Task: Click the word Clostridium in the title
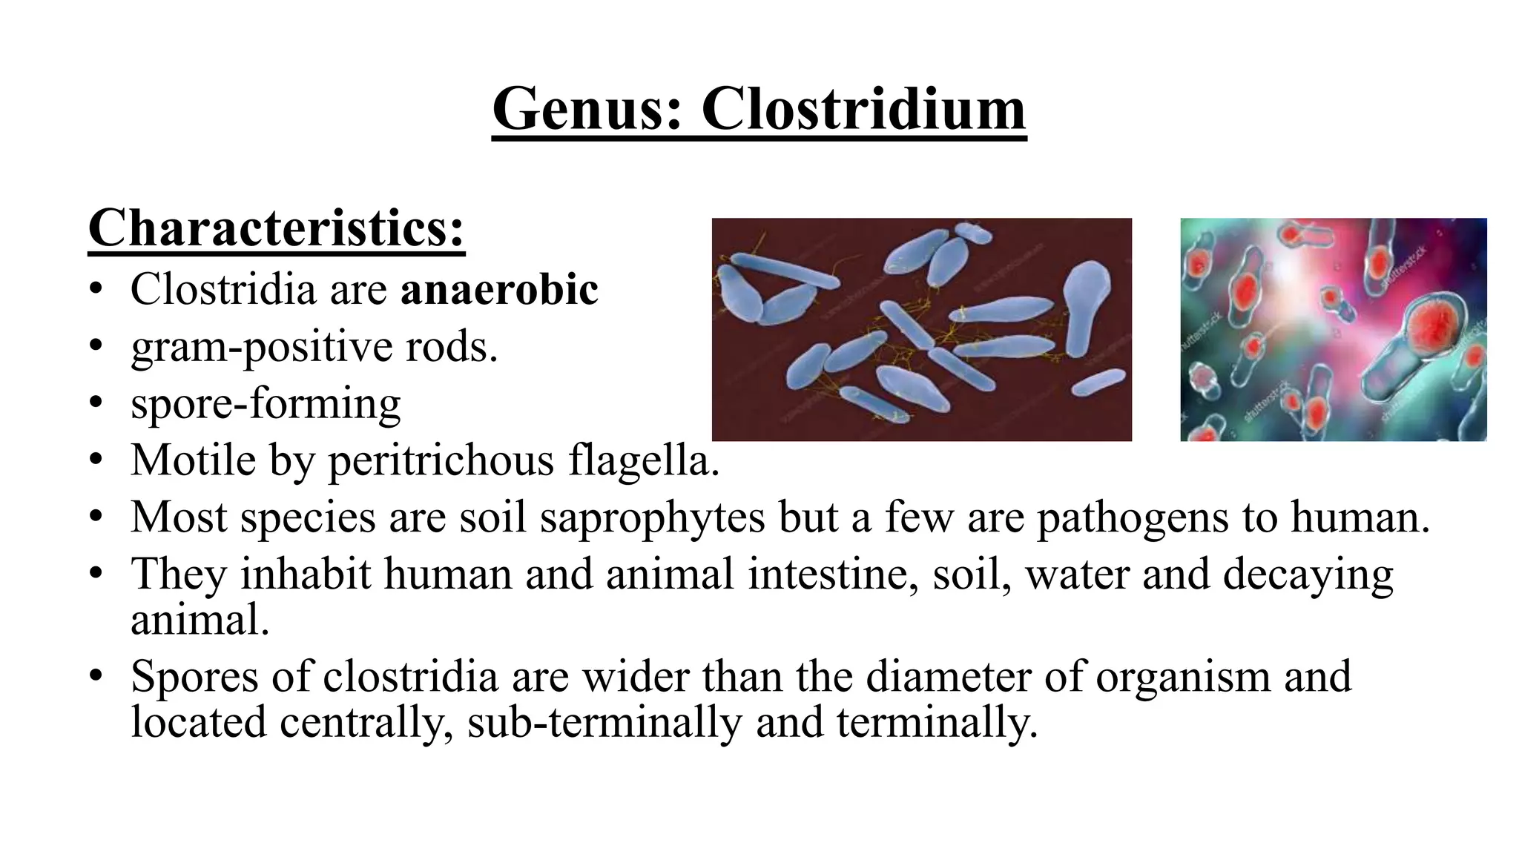tap(863, 110)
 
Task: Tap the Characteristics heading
tap(276, 228)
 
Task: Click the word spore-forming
tap(266, 404)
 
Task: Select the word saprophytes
tap(652, 517)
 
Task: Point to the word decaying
tap(1308, 575)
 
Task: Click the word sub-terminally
tap(604, 722)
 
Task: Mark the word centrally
tap(366, 722)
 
